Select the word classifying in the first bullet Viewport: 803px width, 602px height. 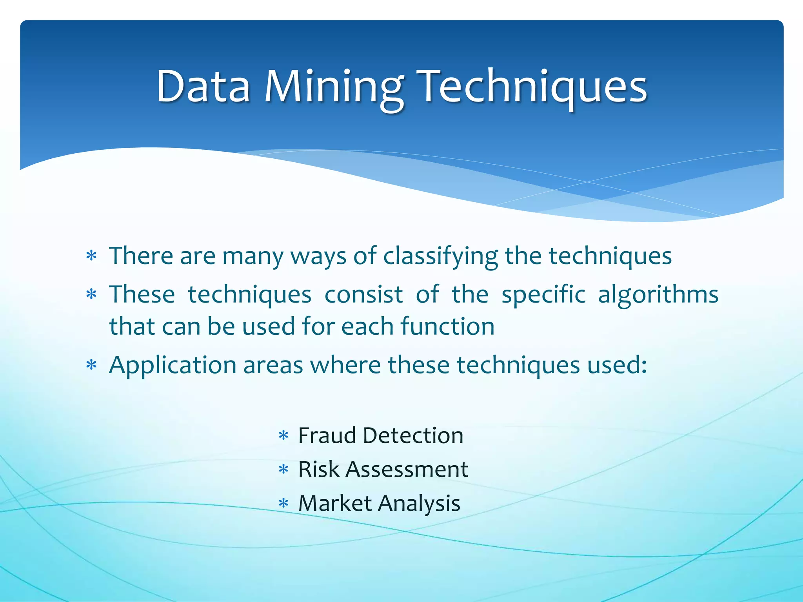point(440,257)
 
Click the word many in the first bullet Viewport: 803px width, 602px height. point(253,257)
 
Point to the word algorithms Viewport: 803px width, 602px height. point(658,295)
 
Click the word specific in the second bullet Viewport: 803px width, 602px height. point(543,295)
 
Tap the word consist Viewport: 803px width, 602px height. point(363,294)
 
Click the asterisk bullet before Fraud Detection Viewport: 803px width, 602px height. point(283,436)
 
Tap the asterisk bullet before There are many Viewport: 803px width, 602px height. point(91,257)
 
